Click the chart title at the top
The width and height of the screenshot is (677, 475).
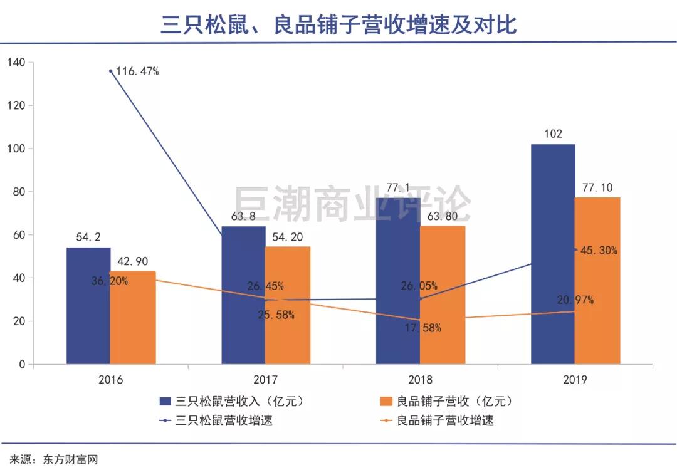coord(338,24)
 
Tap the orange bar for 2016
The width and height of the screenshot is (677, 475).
coord(133,318)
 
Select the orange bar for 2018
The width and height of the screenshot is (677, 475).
coord(443,295)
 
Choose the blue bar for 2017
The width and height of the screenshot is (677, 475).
coord(243,295)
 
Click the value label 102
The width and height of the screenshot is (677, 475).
coord(554,133)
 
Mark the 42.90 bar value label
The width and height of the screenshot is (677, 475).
coord(132,262)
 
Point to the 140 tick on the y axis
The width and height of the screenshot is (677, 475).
coord(16,62)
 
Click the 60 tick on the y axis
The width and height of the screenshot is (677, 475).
coord(18,235)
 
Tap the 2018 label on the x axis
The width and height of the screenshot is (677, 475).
coord(420,380)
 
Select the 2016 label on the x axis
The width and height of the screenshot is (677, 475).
coord(111,380)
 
